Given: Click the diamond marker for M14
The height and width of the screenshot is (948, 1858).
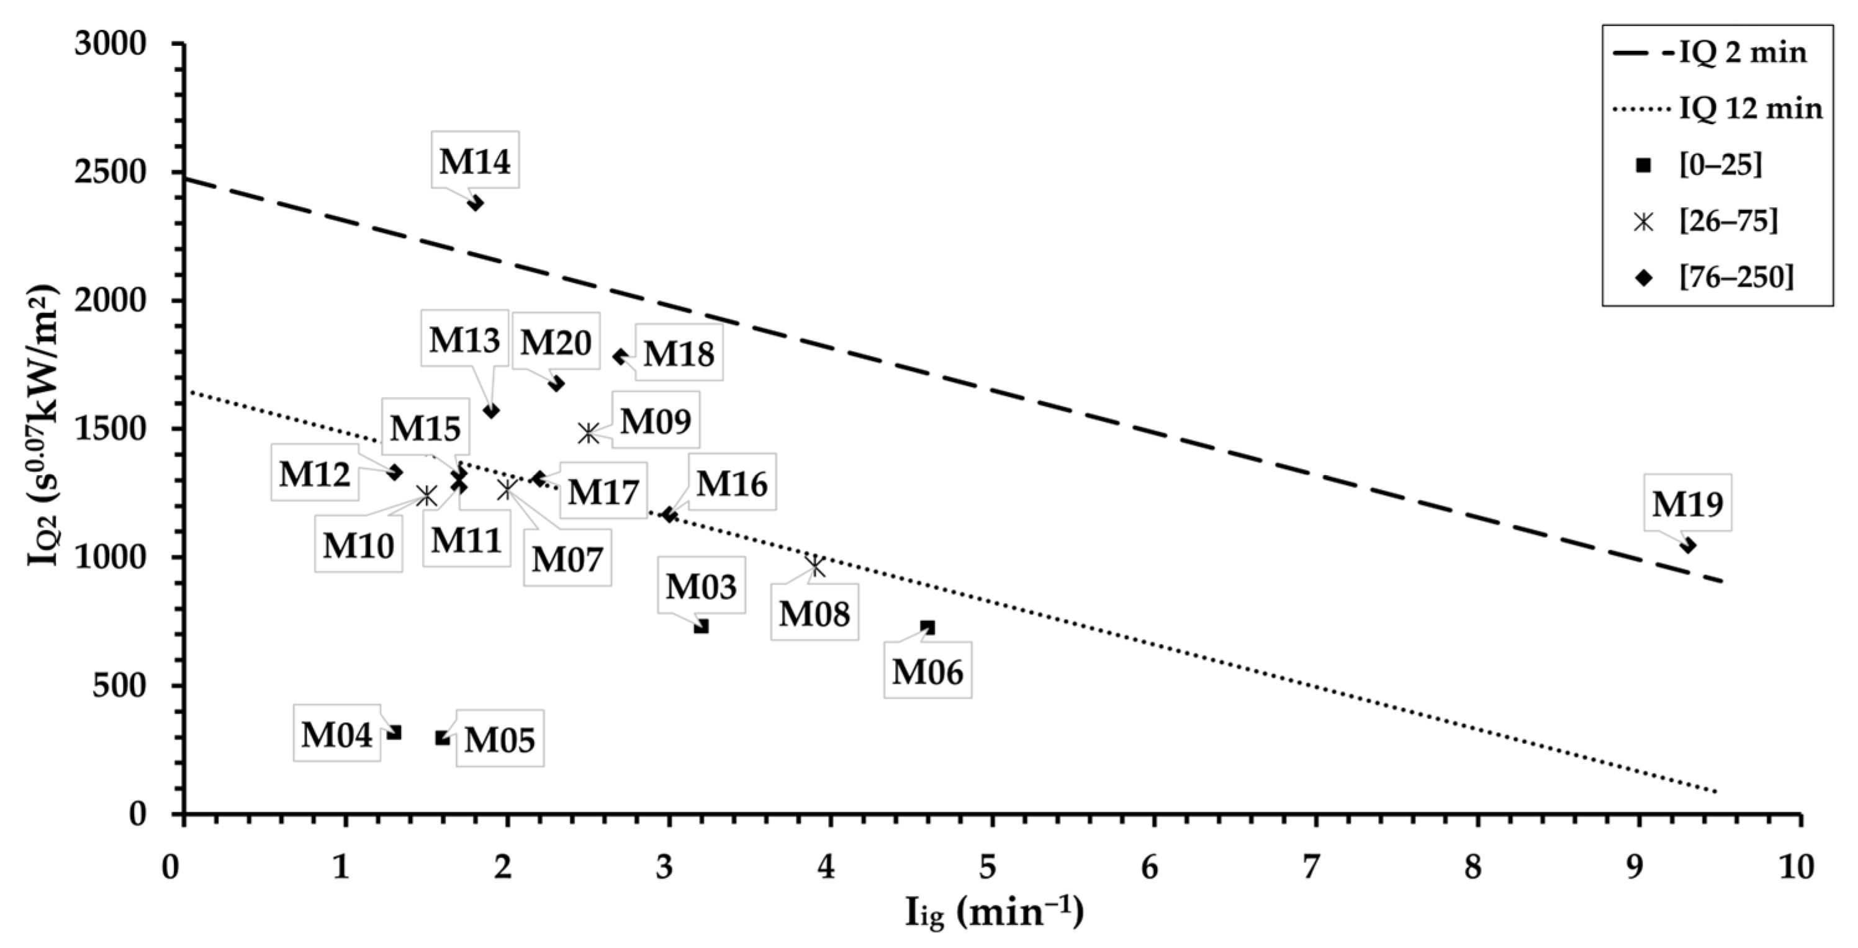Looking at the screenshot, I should click(476, 203).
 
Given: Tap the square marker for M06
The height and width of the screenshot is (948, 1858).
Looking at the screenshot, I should click(928, 627).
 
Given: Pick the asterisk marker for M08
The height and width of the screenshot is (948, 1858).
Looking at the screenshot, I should click(816, 566).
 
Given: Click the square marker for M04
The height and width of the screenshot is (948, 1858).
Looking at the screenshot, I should click(394, 733).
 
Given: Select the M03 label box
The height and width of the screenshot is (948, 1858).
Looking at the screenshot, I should click(700, 586).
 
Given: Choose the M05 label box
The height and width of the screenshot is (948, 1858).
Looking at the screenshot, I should click(499, 740).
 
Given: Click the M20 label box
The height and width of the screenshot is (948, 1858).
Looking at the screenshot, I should click(556, 342).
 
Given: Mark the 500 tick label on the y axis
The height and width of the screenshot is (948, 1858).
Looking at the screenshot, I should click(120, 686).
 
